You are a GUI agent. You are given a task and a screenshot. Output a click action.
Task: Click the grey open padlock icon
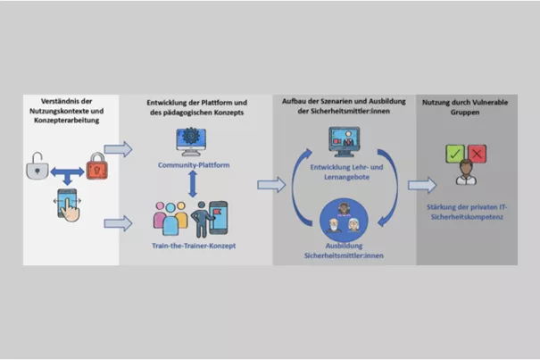(x=37, y=166)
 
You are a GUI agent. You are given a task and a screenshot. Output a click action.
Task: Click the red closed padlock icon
(x=96, y=166)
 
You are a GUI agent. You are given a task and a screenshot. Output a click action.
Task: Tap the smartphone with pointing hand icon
(x=68, y=205)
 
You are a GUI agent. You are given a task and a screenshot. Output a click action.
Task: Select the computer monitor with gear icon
(x=191, y=141)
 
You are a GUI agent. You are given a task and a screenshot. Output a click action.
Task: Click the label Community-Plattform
(x=194, y=165)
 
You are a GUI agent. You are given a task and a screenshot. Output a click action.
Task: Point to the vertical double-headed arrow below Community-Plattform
(x=193, y=184)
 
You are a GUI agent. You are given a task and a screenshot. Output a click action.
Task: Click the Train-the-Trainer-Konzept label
(x=194, y=246)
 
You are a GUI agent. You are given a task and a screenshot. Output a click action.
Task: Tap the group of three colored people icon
(x=170, y=218)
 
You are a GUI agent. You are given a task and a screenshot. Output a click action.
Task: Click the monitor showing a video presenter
(x=344, y=141)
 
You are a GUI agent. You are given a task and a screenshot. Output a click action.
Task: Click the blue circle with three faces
(x=344, y=220)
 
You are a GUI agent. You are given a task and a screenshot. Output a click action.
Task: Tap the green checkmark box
(x=455, y=154)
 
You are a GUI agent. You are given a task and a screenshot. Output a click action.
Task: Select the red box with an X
(x=477, y=154)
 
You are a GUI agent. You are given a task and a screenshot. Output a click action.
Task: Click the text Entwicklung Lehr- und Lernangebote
(x=346, y=172)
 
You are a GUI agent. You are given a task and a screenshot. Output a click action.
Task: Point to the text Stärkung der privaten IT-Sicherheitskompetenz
(x=467, y=212)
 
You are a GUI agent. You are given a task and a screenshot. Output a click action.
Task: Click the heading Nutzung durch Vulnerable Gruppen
(x=465, y=107)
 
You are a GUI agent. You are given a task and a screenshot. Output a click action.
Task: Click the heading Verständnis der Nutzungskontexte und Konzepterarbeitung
(x=66, y=111)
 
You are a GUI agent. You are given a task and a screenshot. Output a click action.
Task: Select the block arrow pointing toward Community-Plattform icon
(x=118, y=149)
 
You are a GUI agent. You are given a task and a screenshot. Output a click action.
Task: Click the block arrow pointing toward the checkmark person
(x=422, y=185)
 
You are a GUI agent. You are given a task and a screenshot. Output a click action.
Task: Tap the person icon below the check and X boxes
(x=466, y=172)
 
